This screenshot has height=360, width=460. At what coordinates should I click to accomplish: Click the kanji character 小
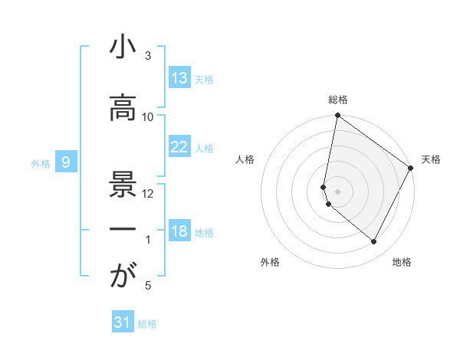[x=121, y=48]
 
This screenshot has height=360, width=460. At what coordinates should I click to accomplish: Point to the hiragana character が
[x=121, y=277]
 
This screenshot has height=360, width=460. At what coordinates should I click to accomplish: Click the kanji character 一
[x=121, y=229]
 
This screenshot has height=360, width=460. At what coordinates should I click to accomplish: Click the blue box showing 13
[x=179, y=78]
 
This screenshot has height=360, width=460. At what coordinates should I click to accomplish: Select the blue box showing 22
[x=179, y=147]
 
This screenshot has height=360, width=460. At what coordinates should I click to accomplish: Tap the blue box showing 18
[x=179, y=231]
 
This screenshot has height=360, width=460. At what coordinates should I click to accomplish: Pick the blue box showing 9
[x=67, y=162]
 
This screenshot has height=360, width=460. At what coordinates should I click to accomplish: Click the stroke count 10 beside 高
[x=148, y=116]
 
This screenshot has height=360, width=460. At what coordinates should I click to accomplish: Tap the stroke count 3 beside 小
[x=148, y=56]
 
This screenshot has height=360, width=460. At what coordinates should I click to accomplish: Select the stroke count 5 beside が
[x=148, y=286]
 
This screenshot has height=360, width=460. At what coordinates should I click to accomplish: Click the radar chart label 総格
[x=338, y=100]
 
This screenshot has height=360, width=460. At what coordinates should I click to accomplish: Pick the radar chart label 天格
[x=432, y=159]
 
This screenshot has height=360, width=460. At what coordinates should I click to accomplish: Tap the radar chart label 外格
[x=270, y=262]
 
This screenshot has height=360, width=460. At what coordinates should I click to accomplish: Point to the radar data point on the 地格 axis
[x=374, y=242]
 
